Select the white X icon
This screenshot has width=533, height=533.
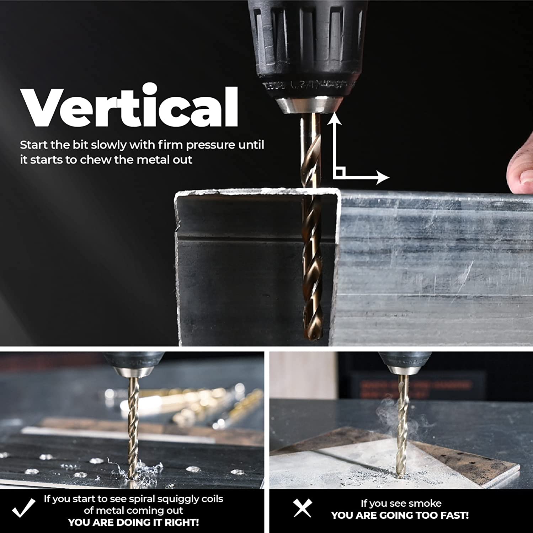[x=302, y=508]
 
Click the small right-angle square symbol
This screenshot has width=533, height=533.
[x=340, y=173]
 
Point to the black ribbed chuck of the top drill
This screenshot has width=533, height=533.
[x=308, y=46]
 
